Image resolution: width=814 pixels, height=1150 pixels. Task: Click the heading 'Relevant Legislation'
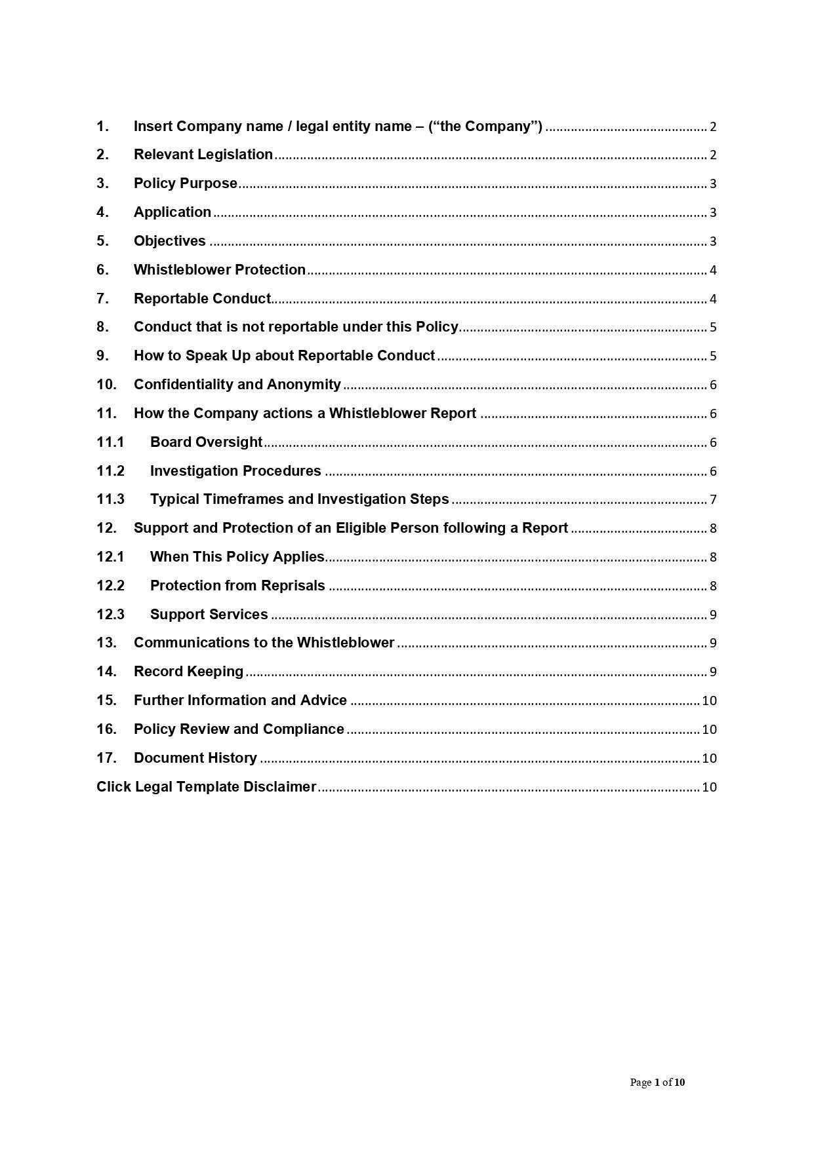(x=203, y=155)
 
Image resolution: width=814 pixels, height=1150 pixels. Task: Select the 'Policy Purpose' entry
(x=185, y=183)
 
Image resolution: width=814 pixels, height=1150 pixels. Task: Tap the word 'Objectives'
(x=169, y=241)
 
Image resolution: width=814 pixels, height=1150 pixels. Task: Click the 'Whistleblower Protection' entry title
(x=219, y=270)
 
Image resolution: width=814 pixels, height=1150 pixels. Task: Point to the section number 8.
(x=102, y=327)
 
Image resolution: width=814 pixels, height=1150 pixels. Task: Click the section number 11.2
(x=110, y=471)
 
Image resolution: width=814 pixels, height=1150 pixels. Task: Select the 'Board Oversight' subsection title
(x=206, y=442)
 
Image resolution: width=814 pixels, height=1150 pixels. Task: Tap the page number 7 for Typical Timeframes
(x=713, y=500)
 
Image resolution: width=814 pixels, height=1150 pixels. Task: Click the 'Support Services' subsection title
(x=209, y=615)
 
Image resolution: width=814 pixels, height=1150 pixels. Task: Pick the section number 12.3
(x=110, y=615)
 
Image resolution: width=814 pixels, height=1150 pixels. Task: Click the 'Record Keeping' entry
(x=188, y=672)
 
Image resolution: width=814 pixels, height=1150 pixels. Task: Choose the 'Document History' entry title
(x=195, y=758)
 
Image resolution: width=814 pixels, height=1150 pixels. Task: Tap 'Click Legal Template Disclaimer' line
(x=206, y=787)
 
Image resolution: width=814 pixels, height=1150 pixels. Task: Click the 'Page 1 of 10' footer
(x=657, y=1082)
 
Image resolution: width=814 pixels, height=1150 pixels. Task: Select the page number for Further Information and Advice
(x=709, y=700)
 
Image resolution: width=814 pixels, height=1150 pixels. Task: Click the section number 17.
(x=106, y=758)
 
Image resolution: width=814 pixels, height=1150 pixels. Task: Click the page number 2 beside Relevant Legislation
(x=713, y=155)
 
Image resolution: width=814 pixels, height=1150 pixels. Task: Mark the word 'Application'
(x=172, y=212)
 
